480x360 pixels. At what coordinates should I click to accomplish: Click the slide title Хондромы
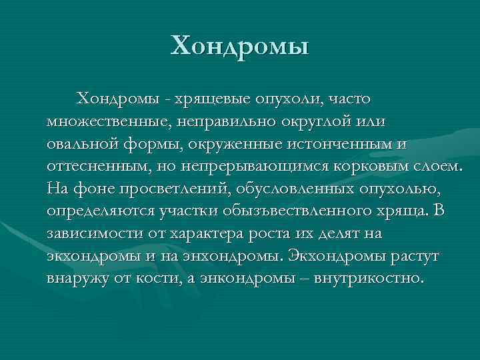coord(240,47)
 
